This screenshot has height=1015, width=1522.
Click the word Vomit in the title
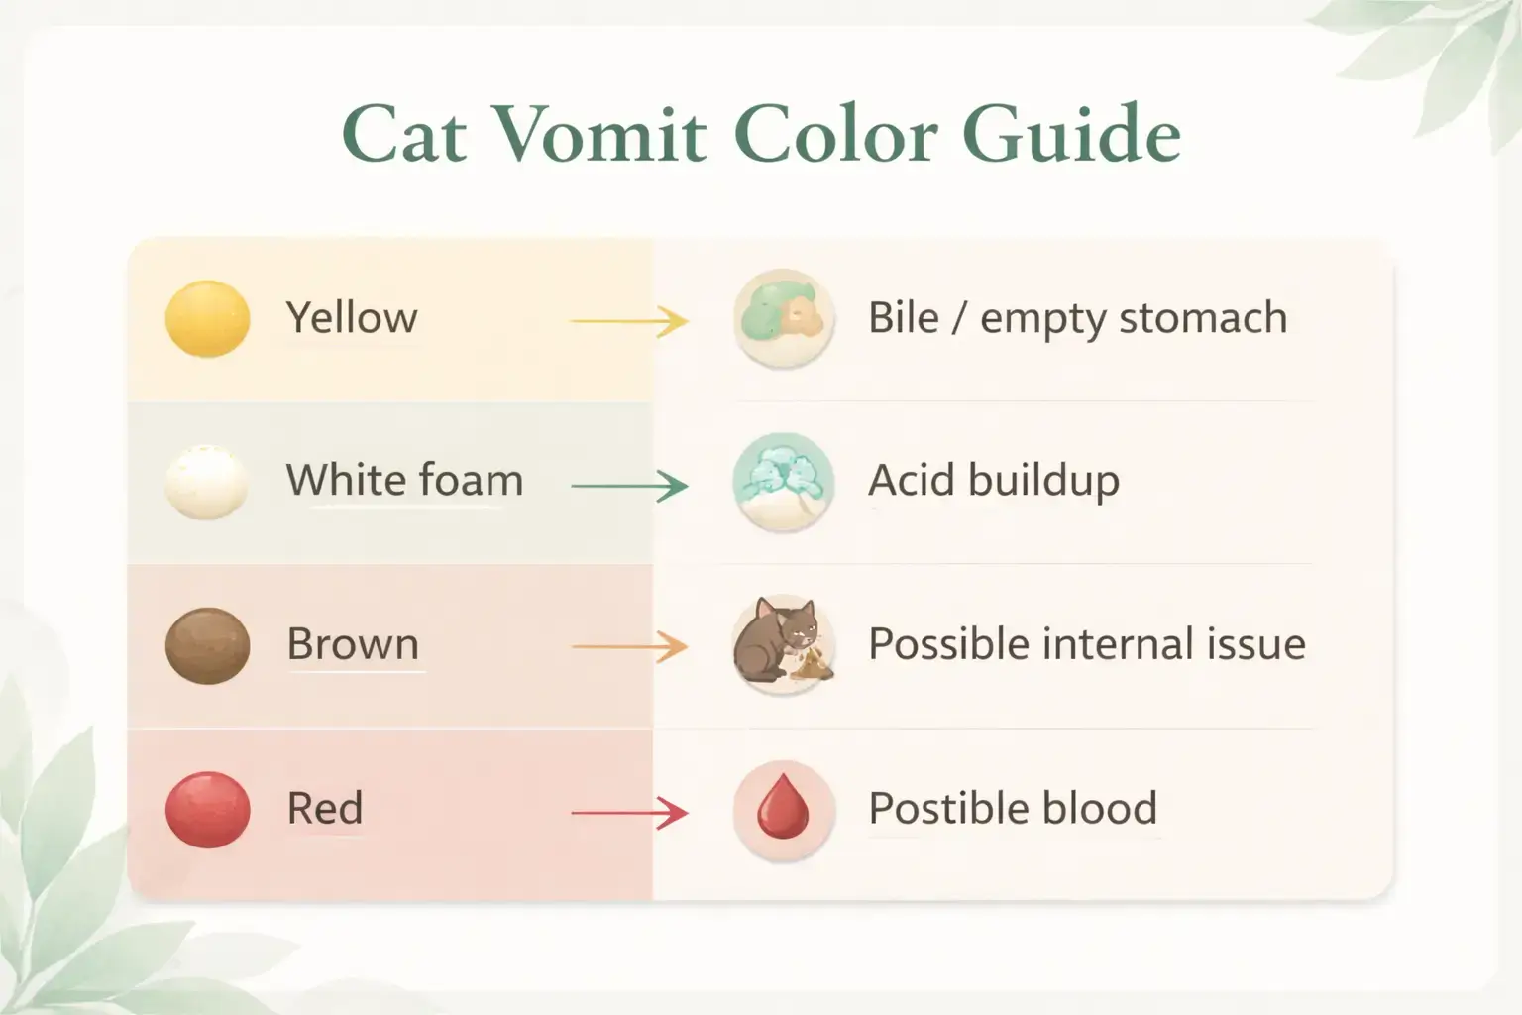click(600, 134)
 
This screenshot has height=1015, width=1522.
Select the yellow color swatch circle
click(207, 318)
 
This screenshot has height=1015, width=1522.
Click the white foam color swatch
click(206, 482)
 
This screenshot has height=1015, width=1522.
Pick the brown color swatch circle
click(207, 645)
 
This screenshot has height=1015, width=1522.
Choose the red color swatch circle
click(207, 809)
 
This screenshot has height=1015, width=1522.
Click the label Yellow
click(352, 318)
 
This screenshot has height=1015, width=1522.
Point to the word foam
click(468, 481)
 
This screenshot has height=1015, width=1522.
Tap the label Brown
click(353, 644)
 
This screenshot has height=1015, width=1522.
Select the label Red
click(325, 808)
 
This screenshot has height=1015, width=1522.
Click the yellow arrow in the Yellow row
click(629, 321)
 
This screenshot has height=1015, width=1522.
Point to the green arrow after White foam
click(629, 486)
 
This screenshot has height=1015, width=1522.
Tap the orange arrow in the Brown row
click(629, 648)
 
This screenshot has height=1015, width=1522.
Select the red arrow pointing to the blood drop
click(629, 813)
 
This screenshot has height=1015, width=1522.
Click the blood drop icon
click(783, 809)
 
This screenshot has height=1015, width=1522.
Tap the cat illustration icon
click(783, 644)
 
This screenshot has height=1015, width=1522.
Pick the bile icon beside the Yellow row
click(783, 317)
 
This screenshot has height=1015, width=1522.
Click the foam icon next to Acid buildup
click(783, 482)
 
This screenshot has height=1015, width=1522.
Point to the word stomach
click(1203, 319)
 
